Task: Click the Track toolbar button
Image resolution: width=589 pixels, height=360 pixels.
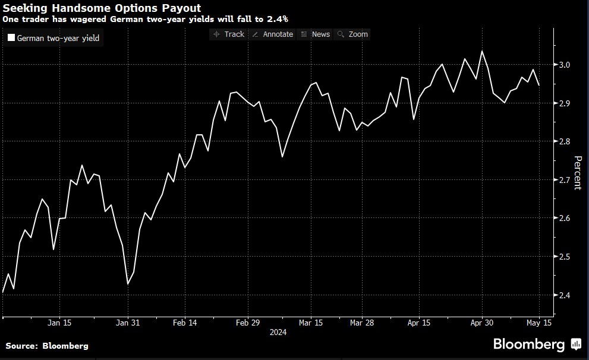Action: coord(229,34)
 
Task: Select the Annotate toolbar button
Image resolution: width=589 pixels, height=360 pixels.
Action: coord(273,34)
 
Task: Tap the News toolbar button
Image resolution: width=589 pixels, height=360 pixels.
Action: coord(316,34)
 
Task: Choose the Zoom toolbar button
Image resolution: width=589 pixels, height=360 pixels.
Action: coord(352,34)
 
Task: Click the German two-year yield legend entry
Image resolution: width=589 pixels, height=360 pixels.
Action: coord(53,39)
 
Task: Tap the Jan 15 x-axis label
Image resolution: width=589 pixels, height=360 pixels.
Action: coord(59,323)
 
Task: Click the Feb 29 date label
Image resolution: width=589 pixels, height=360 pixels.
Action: coord(248,323)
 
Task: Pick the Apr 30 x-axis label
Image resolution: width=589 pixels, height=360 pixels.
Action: coord(482,323)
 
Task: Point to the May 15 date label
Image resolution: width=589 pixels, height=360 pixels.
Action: coord(538,323)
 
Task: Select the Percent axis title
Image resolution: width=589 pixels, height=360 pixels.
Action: coord(577,173)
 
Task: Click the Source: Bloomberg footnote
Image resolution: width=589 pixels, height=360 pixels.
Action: coord(47,346)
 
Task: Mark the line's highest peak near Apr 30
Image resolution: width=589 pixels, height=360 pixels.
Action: coord(481,51)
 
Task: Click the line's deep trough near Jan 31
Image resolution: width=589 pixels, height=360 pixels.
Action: coord(128,283)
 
